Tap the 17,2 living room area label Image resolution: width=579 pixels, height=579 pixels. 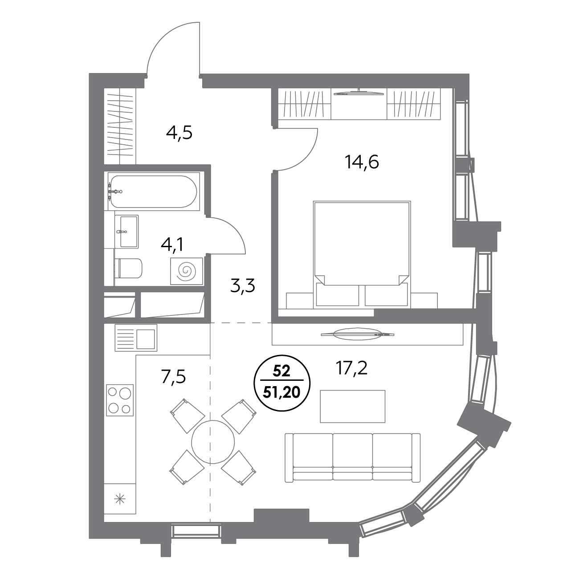tap(351, 368)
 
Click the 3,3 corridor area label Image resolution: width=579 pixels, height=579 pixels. tap(242, 285)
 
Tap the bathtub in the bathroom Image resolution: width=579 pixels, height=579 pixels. tap(154, 192)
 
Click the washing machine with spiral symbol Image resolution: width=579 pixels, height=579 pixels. tap(186, 271)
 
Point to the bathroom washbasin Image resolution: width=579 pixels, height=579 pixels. tap(127, 231)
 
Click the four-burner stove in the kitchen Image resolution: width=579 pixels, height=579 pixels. tap(120, 400)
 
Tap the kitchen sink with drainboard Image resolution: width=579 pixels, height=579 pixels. tap(136, 338)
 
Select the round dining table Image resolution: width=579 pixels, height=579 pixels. tap(213, 442)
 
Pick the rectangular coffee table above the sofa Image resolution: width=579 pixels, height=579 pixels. tap(352, 406)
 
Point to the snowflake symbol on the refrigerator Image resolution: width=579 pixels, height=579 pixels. tap(120, 500)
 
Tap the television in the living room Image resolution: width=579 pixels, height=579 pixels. tap(358, 334)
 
